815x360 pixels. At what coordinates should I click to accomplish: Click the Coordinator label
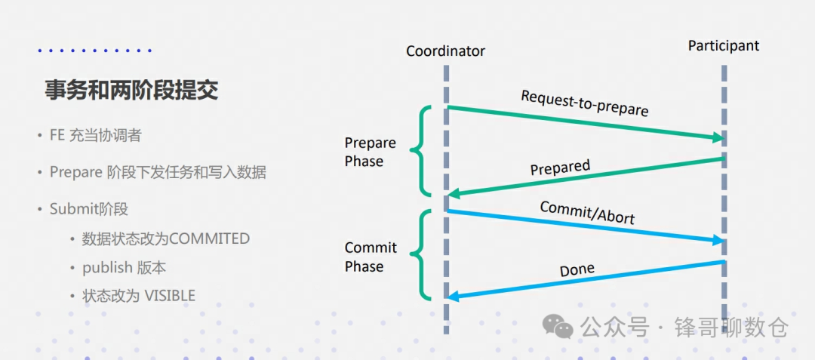pos(445,51)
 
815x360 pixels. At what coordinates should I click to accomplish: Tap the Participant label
pos(723,46)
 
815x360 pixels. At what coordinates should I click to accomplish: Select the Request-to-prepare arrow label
pos(584,103)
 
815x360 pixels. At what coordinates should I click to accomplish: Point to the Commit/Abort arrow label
pos(587,212)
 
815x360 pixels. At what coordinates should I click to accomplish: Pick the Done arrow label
pos(577,269)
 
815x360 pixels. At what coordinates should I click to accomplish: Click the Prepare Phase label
pos(370,152)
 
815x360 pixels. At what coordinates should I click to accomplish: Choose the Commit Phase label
pos(371,257)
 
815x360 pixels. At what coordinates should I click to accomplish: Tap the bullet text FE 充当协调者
pos(95,136)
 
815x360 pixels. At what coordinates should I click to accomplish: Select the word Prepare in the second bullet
pos(75,172)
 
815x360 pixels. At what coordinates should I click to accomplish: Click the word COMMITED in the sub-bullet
pos(209,238)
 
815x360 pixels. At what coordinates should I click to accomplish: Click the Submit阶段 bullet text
pos(89,209)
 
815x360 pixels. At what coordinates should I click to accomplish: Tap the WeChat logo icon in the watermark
pos(559,327)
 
